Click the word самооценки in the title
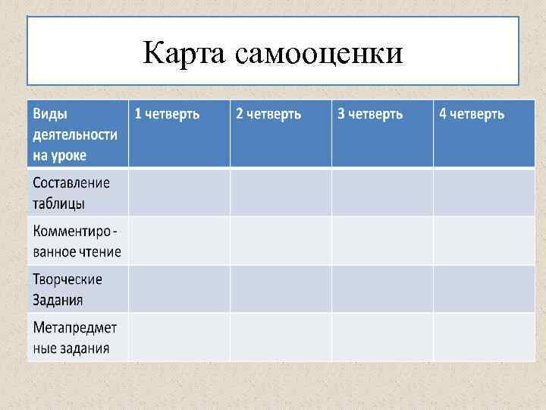tap(318, 54)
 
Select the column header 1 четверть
tap(167, 114)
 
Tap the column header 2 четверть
tap(268, 114)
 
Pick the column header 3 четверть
tap(370, 114)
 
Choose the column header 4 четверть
tap(472, 114)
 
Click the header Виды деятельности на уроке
tap(74, 134)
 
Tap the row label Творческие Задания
tap(67, 289)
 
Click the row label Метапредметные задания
tap(74, 338)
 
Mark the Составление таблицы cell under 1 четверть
tap(179, 193)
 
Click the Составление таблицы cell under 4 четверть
tap(484, 193)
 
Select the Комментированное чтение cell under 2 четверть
tap(281, 241)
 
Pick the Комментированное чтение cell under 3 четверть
tap(382, 241)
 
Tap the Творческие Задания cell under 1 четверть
tap(179, 289)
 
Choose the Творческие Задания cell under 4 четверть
tap(484, 289)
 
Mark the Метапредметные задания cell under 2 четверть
tap(281, 338)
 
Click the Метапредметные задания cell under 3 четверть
tap(382, 338)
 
